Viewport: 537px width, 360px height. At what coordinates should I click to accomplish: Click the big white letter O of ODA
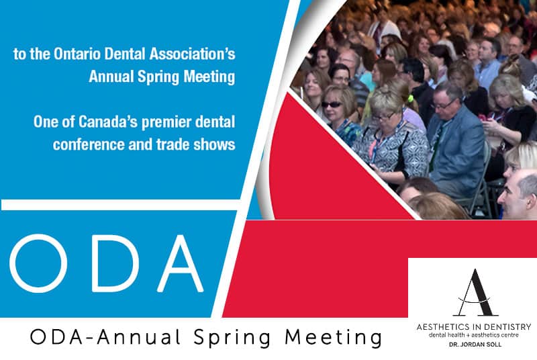coord(38,263)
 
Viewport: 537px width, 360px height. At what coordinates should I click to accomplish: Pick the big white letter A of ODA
coord(180,263)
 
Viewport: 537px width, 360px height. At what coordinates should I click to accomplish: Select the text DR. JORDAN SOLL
coord(475,345)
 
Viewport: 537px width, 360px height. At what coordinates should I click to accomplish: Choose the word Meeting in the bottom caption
coord(334,337)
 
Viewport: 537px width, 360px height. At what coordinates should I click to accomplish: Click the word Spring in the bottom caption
coord(232,338)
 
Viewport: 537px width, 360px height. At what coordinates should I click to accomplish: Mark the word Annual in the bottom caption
coord(138,337)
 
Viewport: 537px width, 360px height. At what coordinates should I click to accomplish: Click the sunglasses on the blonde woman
coord(332,104)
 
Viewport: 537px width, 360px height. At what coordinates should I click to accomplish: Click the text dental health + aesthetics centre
coord(474,335)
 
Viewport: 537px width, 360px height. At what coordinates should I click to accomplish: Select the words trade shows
coord(196,144)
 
